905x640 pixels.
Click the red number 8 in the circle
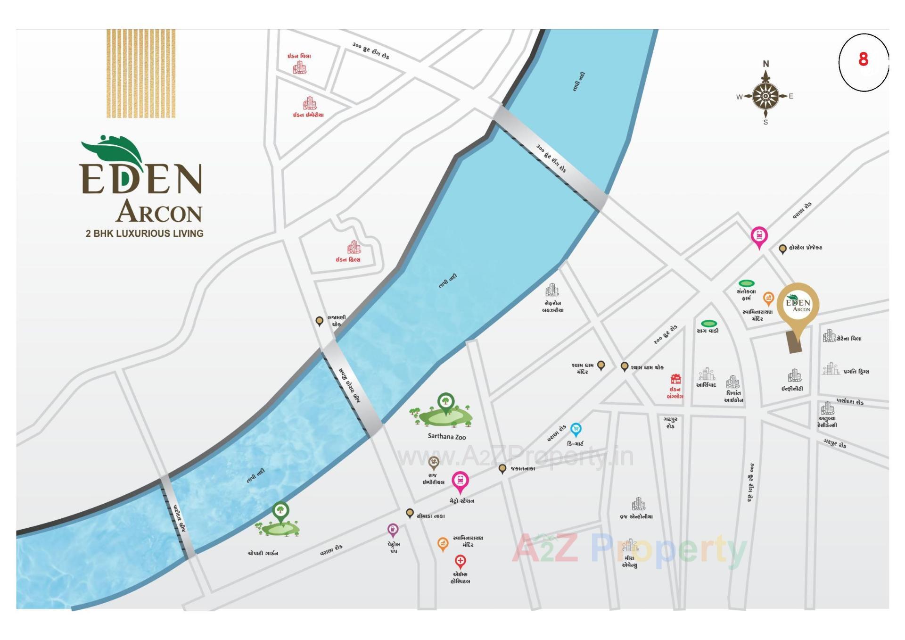coord(863,60)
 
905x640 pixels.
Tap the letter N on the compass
coord(765,64)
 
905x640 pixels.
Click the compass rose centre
coord(765,96)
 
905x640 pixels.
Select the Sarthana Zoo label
coord(446,437)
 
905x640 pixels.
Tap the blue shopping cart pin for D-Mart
coord(576,429)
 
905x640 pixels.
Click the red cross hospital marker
coord(460,561)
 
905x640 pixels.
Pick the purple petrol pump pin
coord(393,530)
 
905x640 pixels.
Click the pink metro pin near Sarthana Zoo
coord(460,481)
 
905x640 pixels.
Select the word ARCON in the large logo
coord(159,212)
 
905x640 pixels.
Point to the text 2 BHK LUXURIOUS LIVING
coord(144,233)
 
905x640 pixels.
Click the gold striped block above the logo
coord(140,74)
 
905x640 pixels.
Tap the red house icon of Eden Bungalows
coord(675,379)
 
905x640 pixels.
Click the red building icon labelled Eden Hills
coord(354,247)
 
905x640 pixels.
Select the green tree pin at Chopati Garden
coord(280,511)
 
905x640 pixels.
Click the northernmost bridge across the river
coord(550,158)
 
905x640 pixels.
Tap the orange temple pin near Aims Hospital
coord(442,544)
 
